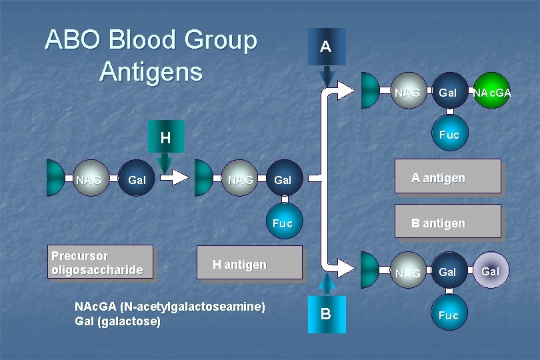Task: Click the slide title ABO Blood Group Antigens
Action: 151,55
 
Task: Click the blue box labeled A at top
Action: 325,47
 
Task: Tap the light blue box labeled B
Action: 325,313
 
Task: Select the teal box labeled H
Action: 165,138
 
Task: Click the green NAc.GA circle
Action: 492,93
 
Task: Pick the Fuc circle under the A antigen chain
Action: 449,135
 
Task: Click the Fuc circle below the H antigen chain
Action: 283,223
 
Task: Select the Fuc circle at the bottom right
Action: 449,315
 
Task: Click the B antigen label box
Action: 447,222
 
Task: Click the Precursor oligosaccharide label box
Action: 101,262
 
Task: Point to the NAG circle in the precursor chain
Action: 89,180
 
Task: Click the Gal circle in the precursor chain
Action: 137,180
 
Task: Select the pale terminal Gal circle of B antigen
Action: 491,271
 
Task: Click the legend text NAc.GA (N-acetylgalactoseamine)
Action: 171,307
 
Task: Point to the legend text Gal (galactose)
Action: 118,321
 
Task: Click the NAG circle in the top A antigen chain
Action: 407,93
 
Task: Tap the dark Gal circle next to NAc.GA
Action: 448,93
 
